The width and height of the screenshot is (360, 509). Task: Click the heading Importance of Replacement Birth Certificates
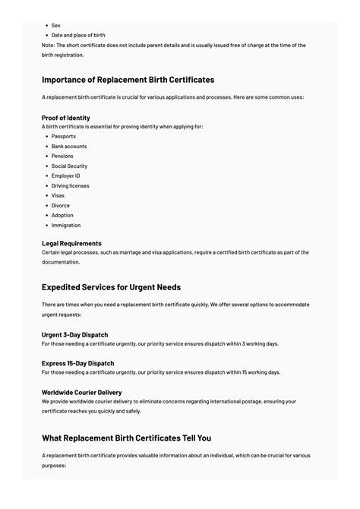128,80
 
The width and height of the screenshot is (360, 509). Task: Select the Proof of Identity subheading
66,118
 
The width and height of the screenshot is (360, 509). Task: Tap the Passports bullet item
63,137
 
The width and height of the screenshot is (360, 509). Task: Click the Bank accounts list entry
68,147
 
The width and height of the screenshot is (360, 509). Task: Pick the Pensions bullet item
62,156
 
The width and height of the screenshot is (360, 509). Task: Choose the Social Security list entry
69,166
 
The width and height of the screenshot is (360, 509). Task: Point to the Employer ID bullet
65,176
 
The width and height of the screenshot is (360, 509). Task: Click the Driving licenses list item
70,186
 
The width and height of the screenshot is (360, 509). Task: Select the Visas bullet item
58,196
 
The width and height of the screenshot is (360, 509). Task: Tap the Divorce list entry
60,206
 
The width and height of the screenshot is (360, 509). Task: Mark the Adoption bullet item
62,216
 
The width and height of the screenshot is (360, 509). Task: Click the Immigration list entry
65,226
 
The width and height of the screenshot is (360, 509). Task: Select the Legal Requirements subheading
71,244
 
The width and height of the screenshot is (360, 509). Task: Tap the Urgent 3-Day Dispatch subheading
75,335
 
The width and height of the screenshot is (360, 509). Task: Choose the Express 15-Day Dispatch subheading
78,364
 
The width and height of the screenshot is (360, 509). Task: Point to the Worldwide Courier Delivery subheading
82,393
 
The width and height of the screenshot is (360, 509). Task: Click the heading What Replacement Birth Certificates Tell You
126,438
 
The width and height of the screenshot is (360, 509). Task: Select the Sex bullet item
55,25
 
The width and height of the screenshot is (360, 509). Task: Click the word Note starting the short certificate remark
48,45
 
